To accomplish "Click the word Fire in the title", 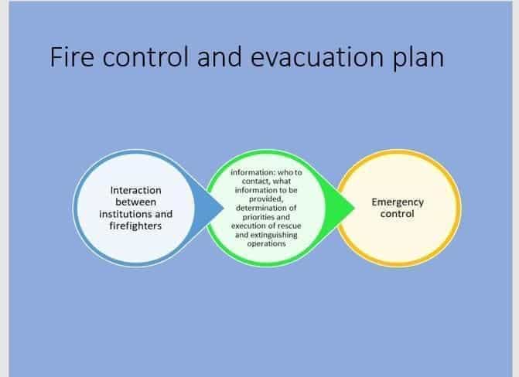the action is pyautogui.click(x=72, y=57).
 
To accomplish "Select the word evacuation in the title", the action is pyautogui.click(x=317, y=57).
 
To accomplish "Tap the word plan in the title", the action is pyautogui.click(x=418, y=59).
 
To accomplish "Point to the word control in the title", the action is pyautogui.click(x=145, y=57).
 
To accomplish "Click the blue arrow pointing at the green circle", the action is pyautogui.click(x=210, y=209).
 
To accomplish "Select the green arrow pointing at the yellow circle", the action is pyautogui.click(x=340, y=209).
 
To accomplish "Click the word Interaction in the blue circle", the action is pyautogui.click(x=135, y=191).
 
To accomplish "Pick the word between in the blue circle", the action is pyautogui.click(x=135, y=202).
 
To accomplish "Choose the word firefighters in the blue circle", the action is pyautogui.click(x=135, y=226).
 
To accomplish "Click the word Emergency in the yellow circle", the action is pyautogui.click(x=398, y=202).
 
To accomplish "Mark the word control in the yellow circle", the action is pyautogui.click(x=398, y=214).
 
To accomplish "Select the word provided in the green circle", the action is pyautogui.click(x=266, y=199).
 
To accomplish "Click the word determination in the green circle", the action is pyautogui.click(x=260, y=208).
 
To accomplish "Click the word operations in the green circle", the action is pyautogui.click(x=266, y=244).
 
